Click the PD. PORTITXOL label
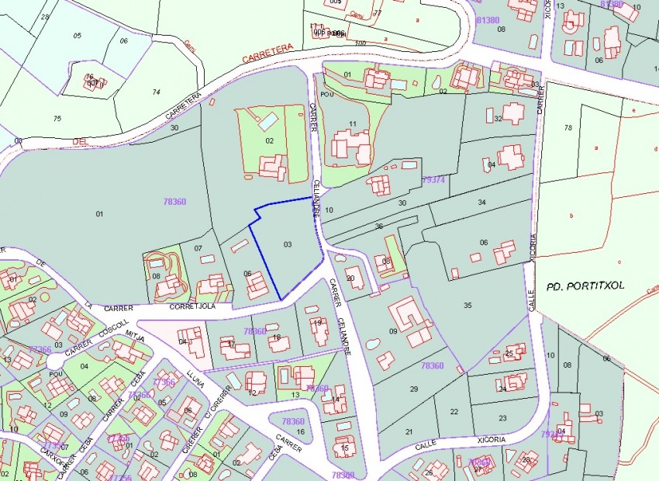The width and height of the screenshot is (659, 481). pyautogui.click(x=585, y=285)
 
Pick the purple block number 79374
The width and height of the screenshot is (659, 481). pyautogui.click(x=433, y=179)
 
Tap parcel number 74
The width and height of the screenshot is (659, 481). pyautogui.click(x=156, y=92)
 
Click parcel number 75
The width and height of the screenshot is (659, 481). pyautogui.click(x=57, y=119)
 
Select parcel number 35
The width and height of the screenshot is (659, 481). pyautogui.click(x=468, y=305)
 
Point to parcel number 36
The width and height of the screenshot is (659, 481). pyautogui.click(x=378, y=226)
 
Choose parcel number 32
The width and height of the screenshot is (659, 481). pyautogui.click(x=499, y=119)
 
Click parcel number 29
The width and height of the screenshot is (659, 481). pyautogui.click(x=414, y=389)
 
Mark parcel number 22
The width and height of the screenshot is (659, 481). pyautogui.click(x=453, y=411)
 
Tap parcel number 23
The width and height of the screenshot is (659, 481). pyautogui.click(x=502, y=418)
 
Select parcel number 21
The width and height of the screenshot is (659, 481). pyautogui.click(x=409, y=431)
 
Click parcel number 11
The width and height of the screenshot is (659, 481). pyautogui.click(x=353, y=123)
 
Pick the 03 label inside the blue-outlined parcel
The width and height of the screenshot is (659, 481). pyautogui.click(x=288, y=244)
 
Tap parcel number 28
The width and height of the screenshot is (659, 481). pyautogui.click(x=44, y=16)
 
